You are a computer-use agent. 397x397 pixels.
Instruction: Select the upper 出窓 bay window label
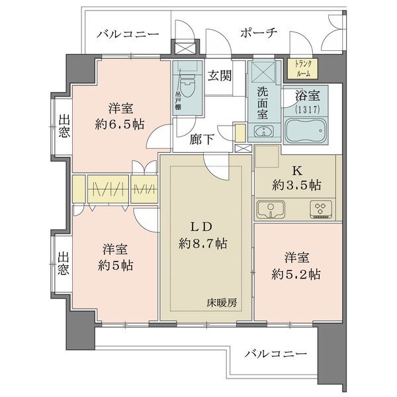click(x=64, y=126)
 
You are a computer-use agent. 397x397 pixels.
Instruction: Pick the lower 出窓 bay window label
click(x=64, y=263)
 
